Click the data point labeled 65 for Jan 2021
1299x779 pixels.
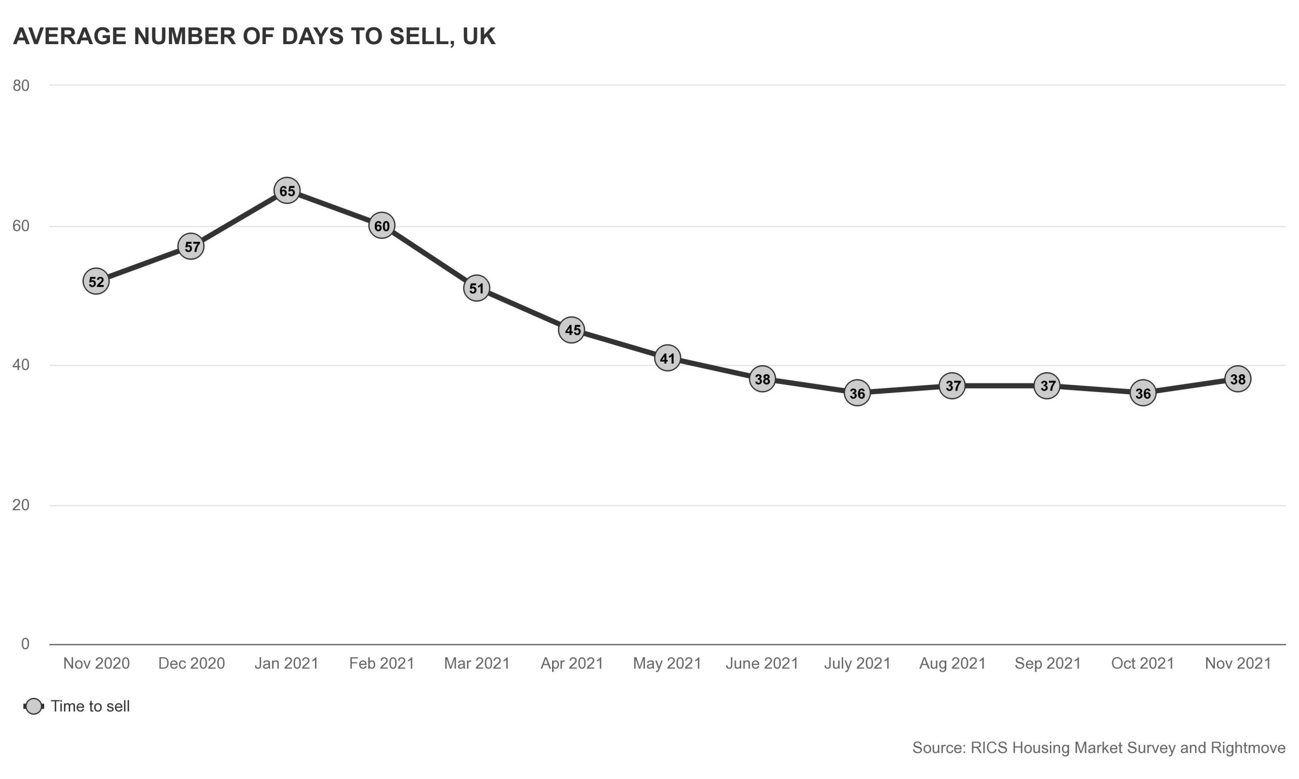pyautogui.click(x=287, y=191)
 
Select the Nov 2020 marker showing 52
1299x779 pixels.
pyautogui.click(x=96, y=281)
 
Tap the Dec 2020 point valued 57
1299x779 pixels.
pyautogui.click(x=191, y=246)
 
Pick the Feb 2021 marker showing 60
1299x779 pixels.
pyautogui.click(x=382, y=226)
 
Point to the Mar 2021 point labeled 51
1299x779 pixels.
pyautogui.click(x=476, y=288)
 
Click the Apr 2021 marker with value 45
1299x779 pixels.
pyautogui.click(x=572, y=330)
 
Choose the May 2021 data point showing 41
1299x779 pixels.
pyautogui.click(x=667, y=358)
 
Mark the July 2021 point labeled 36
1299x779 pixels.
pyautogui.click(x=858, y=393)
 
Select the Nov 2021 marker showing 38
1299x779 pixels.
pyautogui.click(x=1238, y=378)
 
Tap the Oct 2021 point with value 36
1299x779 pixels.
pyautogui.click(x=1143, y=393)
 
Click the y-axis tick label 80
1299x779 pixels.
pyautogui.click(x=21, y=86)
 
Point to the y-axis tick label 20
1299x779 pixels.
pyautogui.click(x=21, y=505)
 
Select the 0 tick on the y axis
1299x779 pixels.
pyautogui.click(x=25, y=644)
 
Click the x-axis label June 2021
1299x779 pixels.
pyautogui.click(x=762, y=663)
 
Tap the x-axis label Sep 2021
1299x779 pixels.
pyautogui.click(x=1047, y=663)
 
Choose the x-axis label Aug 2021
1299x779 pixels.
pyautogui.click(x=952, y=663)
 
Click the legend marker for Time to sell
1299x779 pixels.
pyautogui.click(x=34, y=706)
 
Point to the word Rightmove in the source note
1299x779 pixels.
pyautogui.click(x=1248, y=748)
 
